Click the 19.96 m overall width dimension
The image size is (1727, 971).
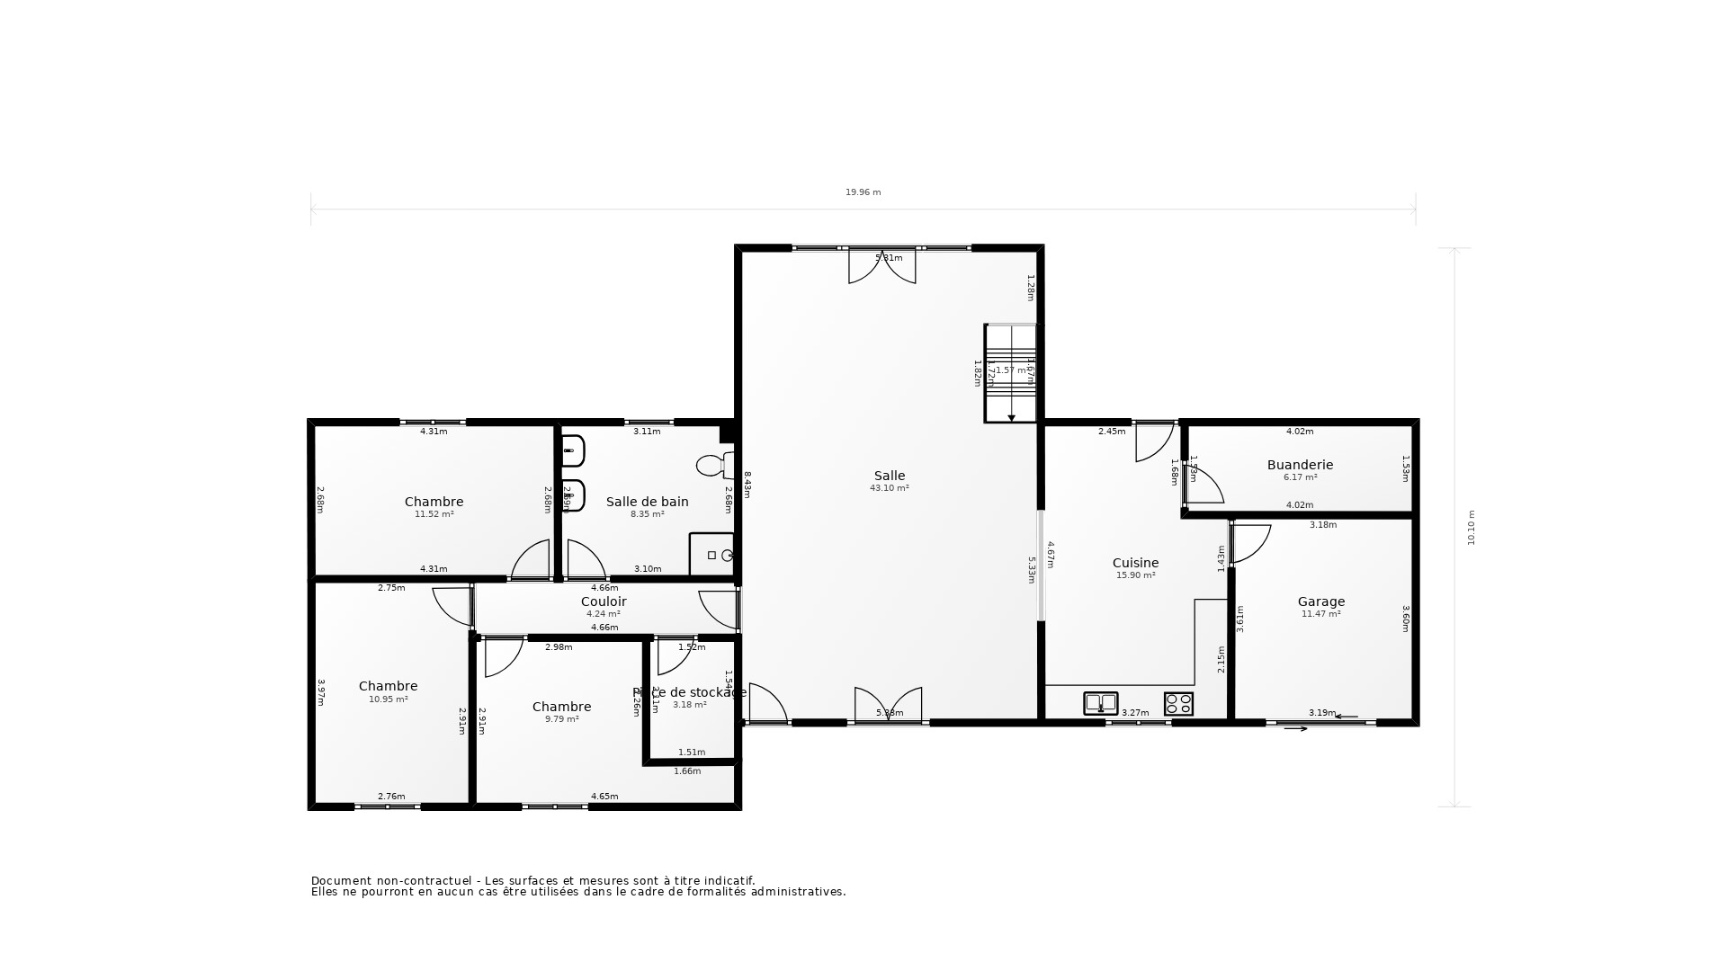click(863, 192)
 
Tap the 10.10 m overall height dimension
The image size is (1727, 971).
click(1472, 528)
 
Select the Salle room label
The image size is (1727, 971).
click(890, 476)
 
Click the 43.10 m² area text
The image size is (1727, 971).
click(890, 488)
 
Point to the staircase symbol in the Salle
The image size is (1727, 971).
click(1011, 373)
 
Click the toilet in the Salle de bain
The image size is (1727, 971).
click(713, 466)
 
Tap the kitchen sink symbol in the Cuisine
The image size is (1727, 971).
click(1100, 703)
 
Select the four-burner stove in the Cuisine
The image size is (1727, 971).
click(1178, 703)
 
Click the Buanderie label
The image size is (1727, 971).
click(1300, 465)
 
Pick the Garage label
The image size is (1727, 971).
click(1320, 601)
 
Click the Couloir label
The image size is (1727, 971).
click(604, 601)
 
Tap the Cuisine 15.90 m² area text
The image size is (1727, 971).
click(1135, 575)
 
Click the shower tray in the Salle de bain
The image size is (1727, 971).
click(712, 555)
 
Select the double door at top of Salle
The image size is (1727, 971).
click(882, 266)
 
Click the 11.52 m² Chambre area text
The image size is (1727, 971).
click(434, 514)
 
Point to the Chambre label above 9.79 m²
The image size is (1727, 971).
click(561, 707)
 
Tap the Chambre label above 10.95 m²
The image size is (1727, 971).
click(388, 686)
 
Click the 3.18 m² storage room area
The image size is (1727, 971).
click(690, 705)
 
